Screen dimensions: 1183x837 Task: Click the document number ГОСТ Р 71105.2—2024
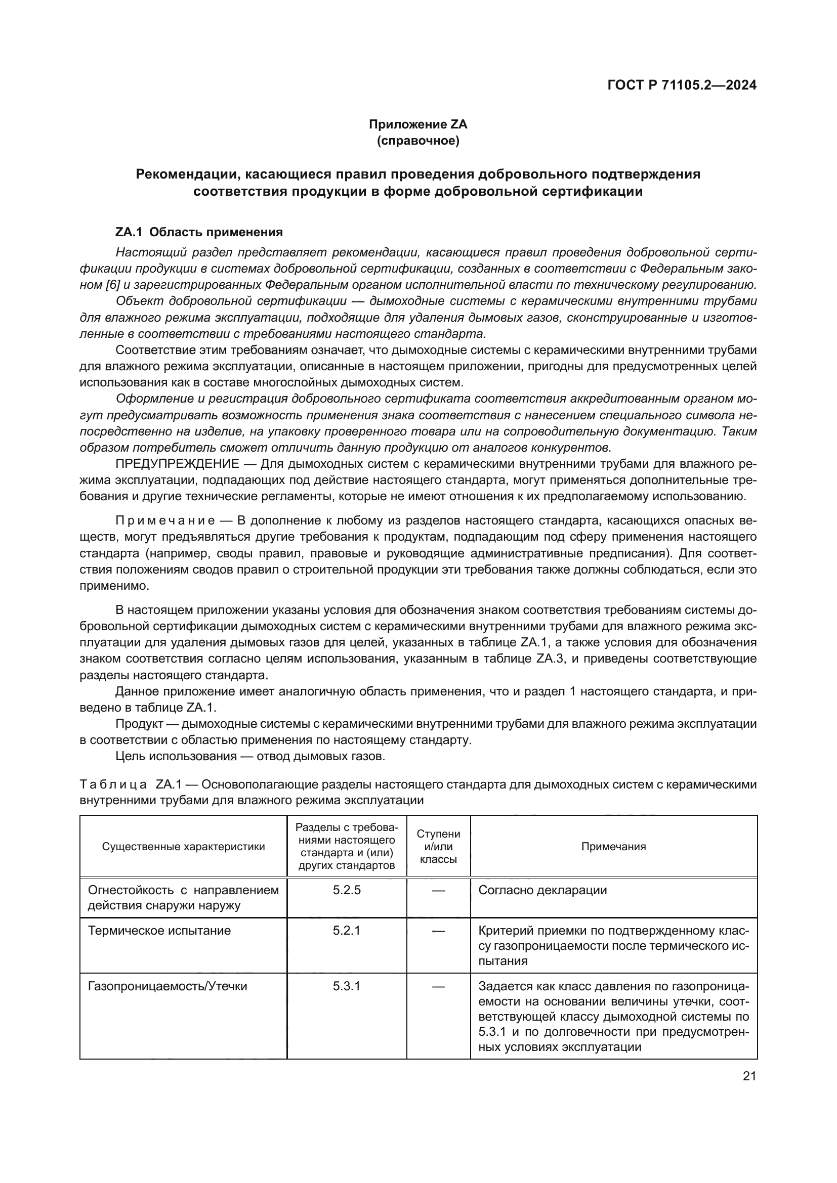pos(681,85)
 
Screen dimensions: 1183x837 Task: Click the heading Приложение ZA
pos(417,124)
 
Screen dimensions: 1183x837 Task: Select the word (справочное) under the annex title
pos(417,141)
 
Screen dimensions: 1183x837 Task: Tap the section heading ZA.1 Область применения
pos(199,232)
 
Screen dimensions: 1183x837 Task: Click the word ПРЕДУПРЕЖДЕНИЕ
pos(177,464)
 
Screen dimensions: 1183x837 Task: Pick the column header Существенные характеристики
pos(184,847)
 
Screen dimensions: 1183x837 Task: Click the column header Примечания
pos(613,847)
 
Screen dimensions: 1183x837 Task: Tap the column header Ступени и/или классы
pos(438,847)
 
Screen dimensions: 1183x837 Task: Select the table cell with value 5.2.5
pos(346,890)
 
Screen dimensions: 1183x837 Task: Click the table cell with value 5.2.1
pos(346,931)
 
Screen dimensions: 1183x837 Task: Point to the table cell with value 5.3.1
pos(346,986)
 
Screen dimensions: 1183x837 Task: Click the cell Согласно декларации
pos(542,890)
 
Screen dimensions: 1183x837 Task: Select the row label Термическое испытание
pos(159,931)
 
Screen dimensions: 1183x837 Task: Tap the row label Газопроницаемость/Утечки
pos(168,986)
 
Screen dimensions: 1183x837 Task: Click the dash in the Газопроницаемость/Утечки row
pos(438,986)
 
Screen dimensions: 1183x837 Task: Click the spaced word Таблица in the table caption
pos(113,784)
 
